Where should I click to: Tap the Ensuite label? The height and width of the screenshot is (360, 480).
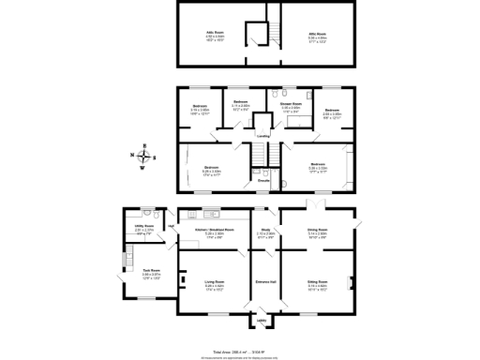click(265, 180)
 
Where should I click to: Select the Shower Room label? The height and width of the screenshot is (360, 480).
click(291, 104)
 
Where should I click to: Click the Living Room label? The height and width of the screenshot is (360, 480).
click(214, 280)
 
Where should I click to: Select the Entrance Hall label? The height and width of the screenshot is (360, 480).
click(265, 280)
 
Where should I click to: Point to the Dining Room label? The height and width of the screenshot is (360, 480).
click(317, 230)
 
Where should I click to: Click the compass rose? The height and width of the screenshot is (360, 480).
click(142, 157)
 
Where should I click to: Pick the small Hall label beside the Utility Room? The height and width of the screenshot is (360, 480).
click(172, 226)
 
